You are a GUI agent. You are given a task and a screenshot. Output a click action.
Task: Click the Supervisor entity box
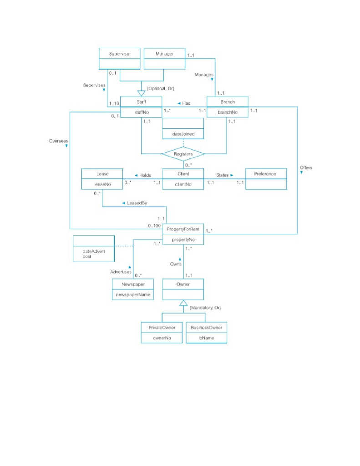pyautogui.click(x=120, y=58)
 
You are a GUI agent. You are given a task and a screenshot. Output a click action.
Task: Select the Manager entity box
pyautogui.click(x=164, y=58)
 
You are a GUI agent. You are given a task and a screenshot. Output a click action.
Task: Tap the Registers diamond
pyautogui.click(x=183, y=154)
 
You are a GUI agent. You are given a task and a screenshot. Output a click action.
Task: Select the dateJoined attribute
pyautogui.click(x=183, y=134)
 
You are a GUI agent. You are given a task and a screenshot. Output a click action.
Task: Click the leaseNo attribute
pyautogui.click(x=102, y=184)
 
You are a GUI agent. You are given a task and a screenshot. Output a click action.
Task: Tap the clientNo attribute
pyautogui.click(x=183, y=184)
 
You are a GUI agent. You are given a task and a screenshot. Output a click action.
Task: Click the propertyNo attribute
pyautogui.click(x=183, y=239)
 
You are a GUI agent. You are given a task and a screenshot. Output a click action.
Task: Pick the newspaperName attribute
pyautogui.click(x=132, y=295)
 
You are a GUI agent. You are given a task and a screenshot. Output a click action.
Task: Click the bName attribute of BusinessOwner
pyautogui.click(x=206, y=338)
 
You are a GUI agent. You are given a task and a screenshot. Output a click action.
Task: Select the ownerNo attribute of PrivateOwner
pyautogui.click(x=162, y=338)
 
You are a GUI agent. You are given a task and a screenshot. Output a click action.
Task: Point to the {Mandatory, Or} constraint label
pyautogui.click(x=205, y=308)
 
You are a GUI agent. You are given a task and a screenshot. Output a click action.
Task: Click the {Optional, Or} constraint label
pyautogui.click(x=160, y=88)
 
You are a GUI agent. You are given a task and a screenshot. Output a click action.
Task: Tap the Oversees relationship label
pyautogui.click(x=58, y=141)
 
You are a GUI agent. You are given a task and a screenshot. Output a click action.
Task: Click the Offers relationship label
pyautogui.click(x=306, y=167)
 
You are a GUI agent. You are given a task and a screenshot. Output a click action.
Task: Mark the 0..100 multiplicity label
pyautogui.click(x=155, y=226)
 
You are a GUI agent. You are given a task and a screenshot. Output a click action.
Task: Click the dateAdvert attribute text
pyautogui.click(x=93, y=251)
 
